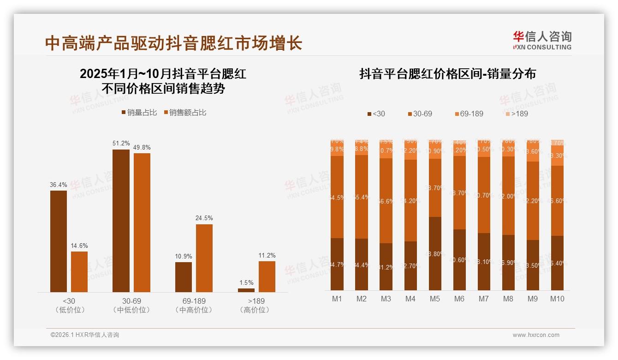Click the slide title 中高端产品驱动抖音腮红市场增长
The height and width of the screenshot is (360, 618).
173,43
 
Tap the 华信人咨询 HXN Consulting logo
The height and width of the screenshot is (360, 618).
542,41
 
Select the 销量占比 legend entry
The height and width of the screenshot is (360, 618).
139,113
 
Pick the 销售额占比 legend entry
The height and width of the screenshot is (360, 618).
185,113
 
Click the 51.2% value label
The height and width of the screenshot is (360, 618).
121,143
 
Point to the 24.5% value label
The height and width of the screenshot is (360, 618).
204,218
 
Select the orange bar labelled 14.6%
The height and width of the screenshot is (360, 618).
79,271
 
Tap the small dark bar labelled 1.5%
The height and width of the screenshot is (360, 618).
246,290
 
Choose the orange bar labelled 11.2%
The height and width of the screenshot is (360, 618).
267,276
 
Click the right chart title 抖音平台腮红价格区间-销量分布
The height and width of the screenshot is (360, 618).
447,74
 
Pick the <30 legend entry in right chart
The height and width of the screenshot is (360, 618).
376,114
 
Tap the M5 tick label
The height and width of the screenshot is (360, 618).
434,299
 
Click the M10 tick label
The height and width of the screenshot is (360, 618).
557,299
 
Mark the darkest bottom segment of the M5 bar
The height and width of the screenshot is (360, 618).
434,253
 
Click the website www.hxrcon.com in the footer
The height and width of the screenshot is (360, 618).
536,335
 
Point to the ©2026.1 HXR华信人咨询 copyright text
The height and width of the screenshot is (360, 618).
85,335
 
